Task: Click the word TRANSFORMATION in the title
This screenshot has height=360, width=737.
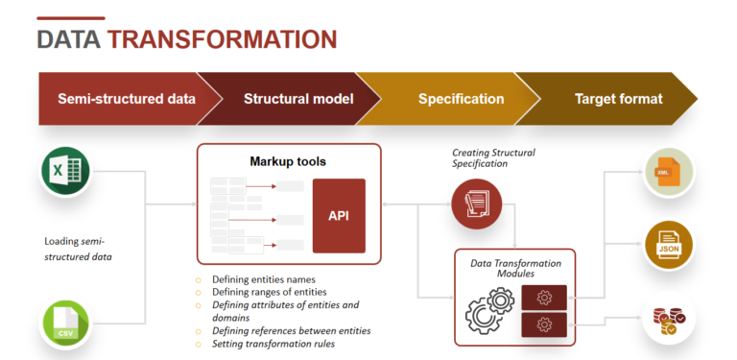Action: [222, 39]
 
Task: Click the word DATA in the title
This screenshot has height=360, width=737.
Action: [69, 39]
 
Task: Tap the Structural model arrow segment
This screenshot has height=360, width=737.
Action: [298, 99]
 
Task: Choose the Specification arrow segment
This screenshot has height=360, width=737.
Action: [461, 99]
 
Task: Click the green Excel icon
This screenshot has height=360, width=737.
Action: [65, 173]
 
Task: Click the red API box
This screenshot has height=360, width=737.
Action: [339, 215]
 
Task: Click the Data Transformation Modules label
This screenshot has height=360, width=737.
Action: [515, 269]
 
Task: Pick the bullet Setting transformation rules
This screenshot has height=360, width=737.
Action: [273, 344]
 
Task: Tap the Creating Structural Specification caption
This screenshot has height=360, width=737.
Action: [493, 158]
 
